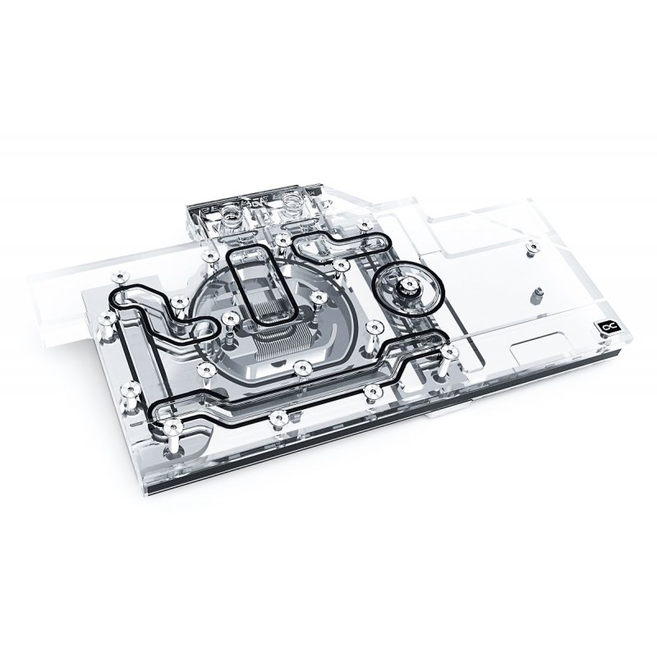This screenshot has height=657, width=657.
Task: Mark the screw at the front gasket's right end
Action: click(x=448, y=352)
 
